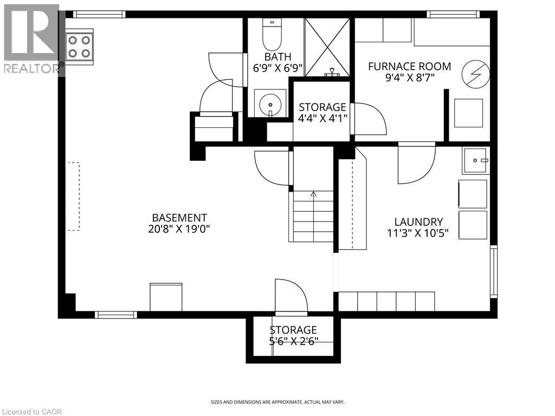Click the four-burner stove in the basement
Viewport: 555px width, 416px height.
[x=79, y=47]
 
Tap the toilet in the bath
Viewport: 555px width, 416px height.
[x=269, y=35]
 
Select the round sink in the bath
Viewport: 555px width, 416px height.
[x=269, y=102]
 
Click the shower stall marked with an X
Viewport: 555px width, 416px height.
[x=327, y=47]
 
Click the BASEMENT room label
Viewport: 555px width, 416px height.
[x=172, y=217]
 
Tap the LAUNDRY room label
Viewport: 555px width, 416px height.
[x=418, y=222]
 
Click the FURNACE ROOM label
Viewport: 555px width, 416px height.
[x=409, y=66]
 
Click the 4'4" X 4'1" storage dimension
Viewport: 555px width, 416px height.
[x=322, y=119]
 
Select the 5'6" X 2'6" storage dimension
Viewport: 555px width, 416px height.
[x=293, y=341]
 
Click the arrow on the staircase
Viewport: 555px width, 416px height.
[x=313, y=194]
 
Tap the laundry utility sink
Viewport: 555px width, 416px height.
[x=475, y=160]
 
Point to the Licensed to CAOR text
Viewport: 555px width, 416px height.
[x=32, y=412]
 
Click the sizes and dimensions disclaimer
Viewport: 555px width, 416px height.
[x=277, y=402]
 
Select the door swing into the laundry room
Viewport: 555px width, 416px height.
[x=416, y=165]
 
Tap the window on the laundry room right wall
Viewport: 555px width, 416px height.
[x=493, y=271]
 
